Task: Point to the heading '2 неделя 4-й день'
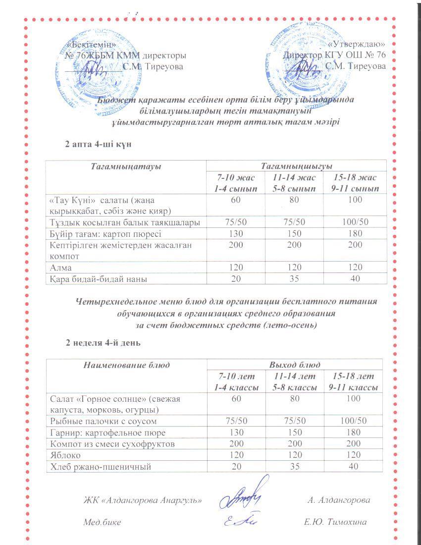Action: pos(104,342)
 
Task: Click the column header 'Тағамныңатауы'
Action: pos(126,166)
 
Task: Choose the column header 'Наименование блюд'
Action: pos(127,365)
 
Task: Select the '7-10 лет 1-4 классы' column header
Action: pos(236,382)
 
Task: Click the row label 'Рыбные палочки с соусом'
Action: pos(104,421)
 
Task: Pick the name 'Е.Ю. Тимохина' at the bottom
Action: pos(337,522)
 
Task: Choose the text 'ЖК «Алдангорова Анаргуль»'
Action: pos(143,500)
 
